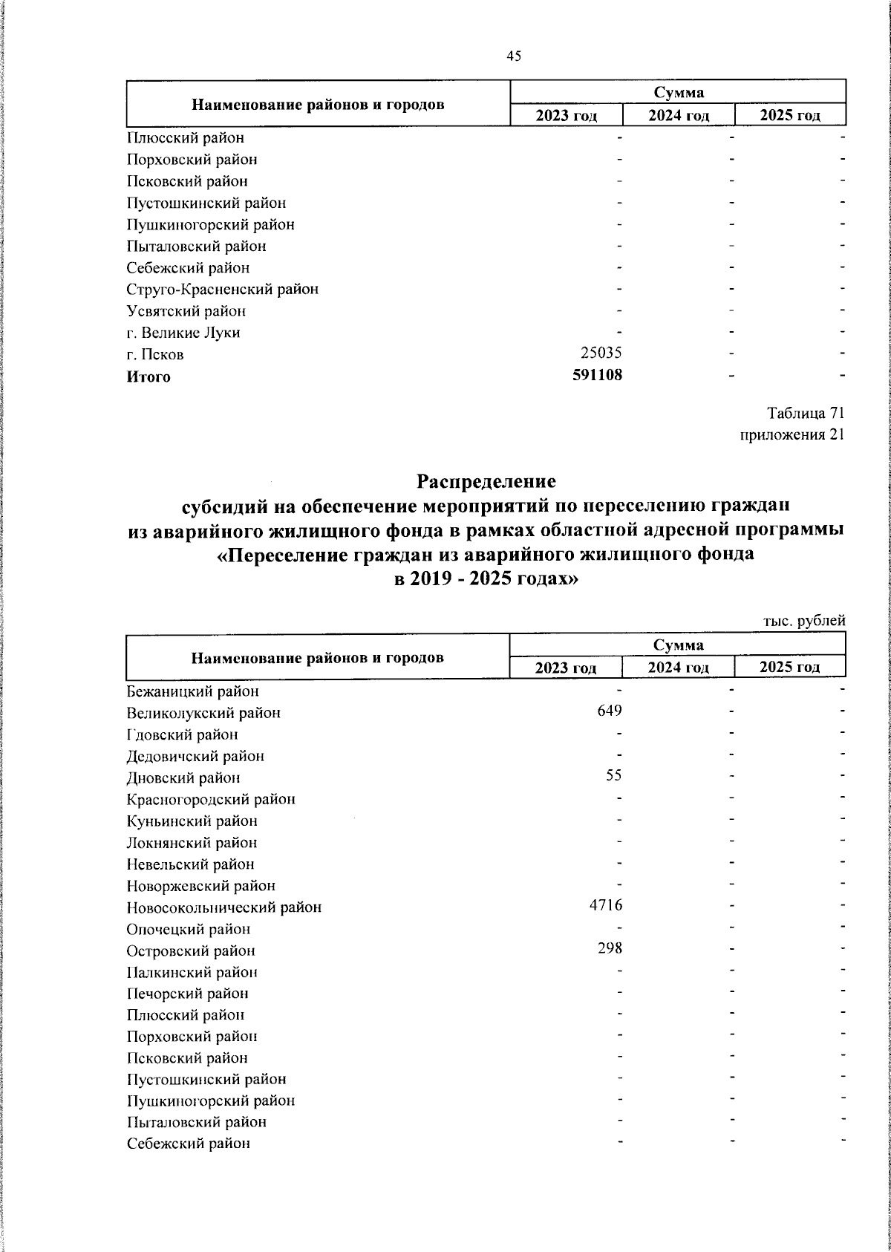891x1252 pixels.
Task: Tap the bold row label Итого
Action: click(148, 376)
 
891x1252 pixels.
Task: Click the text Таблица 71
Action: click(806, 413)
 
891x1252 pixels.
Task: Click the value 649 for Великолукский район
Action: click(610, 711)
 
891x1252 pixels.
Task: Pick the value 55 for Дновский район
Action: click(613, 776)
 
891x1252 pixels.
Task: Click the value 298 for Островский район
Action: click(610, 948)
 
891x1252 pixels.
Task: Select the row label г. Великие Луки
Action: click(183, 333)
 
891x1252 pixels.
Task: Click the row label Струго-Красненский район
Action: click(222, 290)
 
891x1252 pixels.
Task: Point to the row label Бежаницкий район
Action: click(192, 691)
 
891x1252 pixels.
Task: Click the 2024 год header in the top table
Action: click(678, 116)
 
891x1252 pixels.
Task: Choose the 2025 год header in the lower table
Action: click(789, 667)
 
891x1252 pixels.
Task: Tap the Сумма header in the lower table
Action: click(678, 645)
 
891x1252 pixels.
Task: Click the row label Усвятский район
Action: click(186, 311)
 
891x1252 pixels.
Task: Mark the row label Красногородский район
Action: click(211, 800)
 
